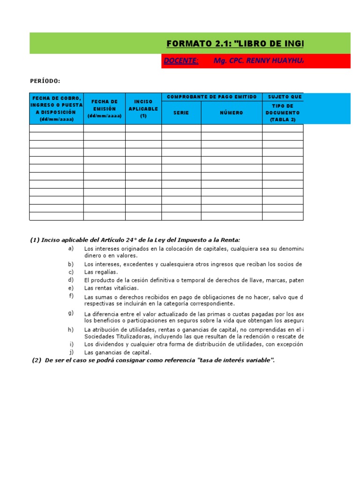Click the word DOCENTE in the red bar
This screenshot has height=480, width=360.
coord(181,61)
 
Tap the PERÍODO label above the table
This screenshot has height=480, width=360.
coord(45,81)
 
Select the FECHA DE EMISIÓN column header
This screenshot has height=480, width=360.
coord(105,109)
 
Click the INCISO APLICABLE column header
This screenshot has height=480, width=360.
coord(143,109)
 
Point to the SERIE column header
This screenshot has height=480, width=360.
coord(181,113)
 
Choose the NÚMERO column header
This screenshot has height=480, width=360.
coord(232,113)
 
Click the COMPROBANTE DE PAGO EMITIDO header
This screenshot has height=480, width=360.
coord(212,97)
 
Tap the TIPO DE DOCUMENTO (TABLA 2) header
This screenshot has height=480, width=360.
coord(282,113)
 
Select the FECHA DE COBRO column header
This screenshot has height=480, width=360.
coord(56,109)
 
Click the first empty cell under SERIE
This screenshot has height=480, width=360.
coord(181,128)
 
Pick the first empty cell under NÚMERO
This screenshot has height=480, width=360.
coord(232,128)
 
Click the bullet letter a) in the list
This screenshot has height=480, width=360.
coord(71,248)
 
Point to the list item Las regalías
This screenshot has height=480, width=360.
coord(101,272)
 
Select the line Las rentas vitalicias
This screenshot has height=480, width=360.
coord(112,288)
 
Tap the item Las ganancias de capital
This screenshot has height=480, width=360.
coord(118,352)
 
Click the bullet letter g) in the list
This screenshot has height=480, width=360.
coord(71,313)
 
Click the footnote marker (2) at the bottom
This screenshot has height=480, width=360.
coord(37,360)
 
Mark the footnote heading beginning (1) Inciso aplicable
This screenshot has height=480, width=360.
coord(138,240)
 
